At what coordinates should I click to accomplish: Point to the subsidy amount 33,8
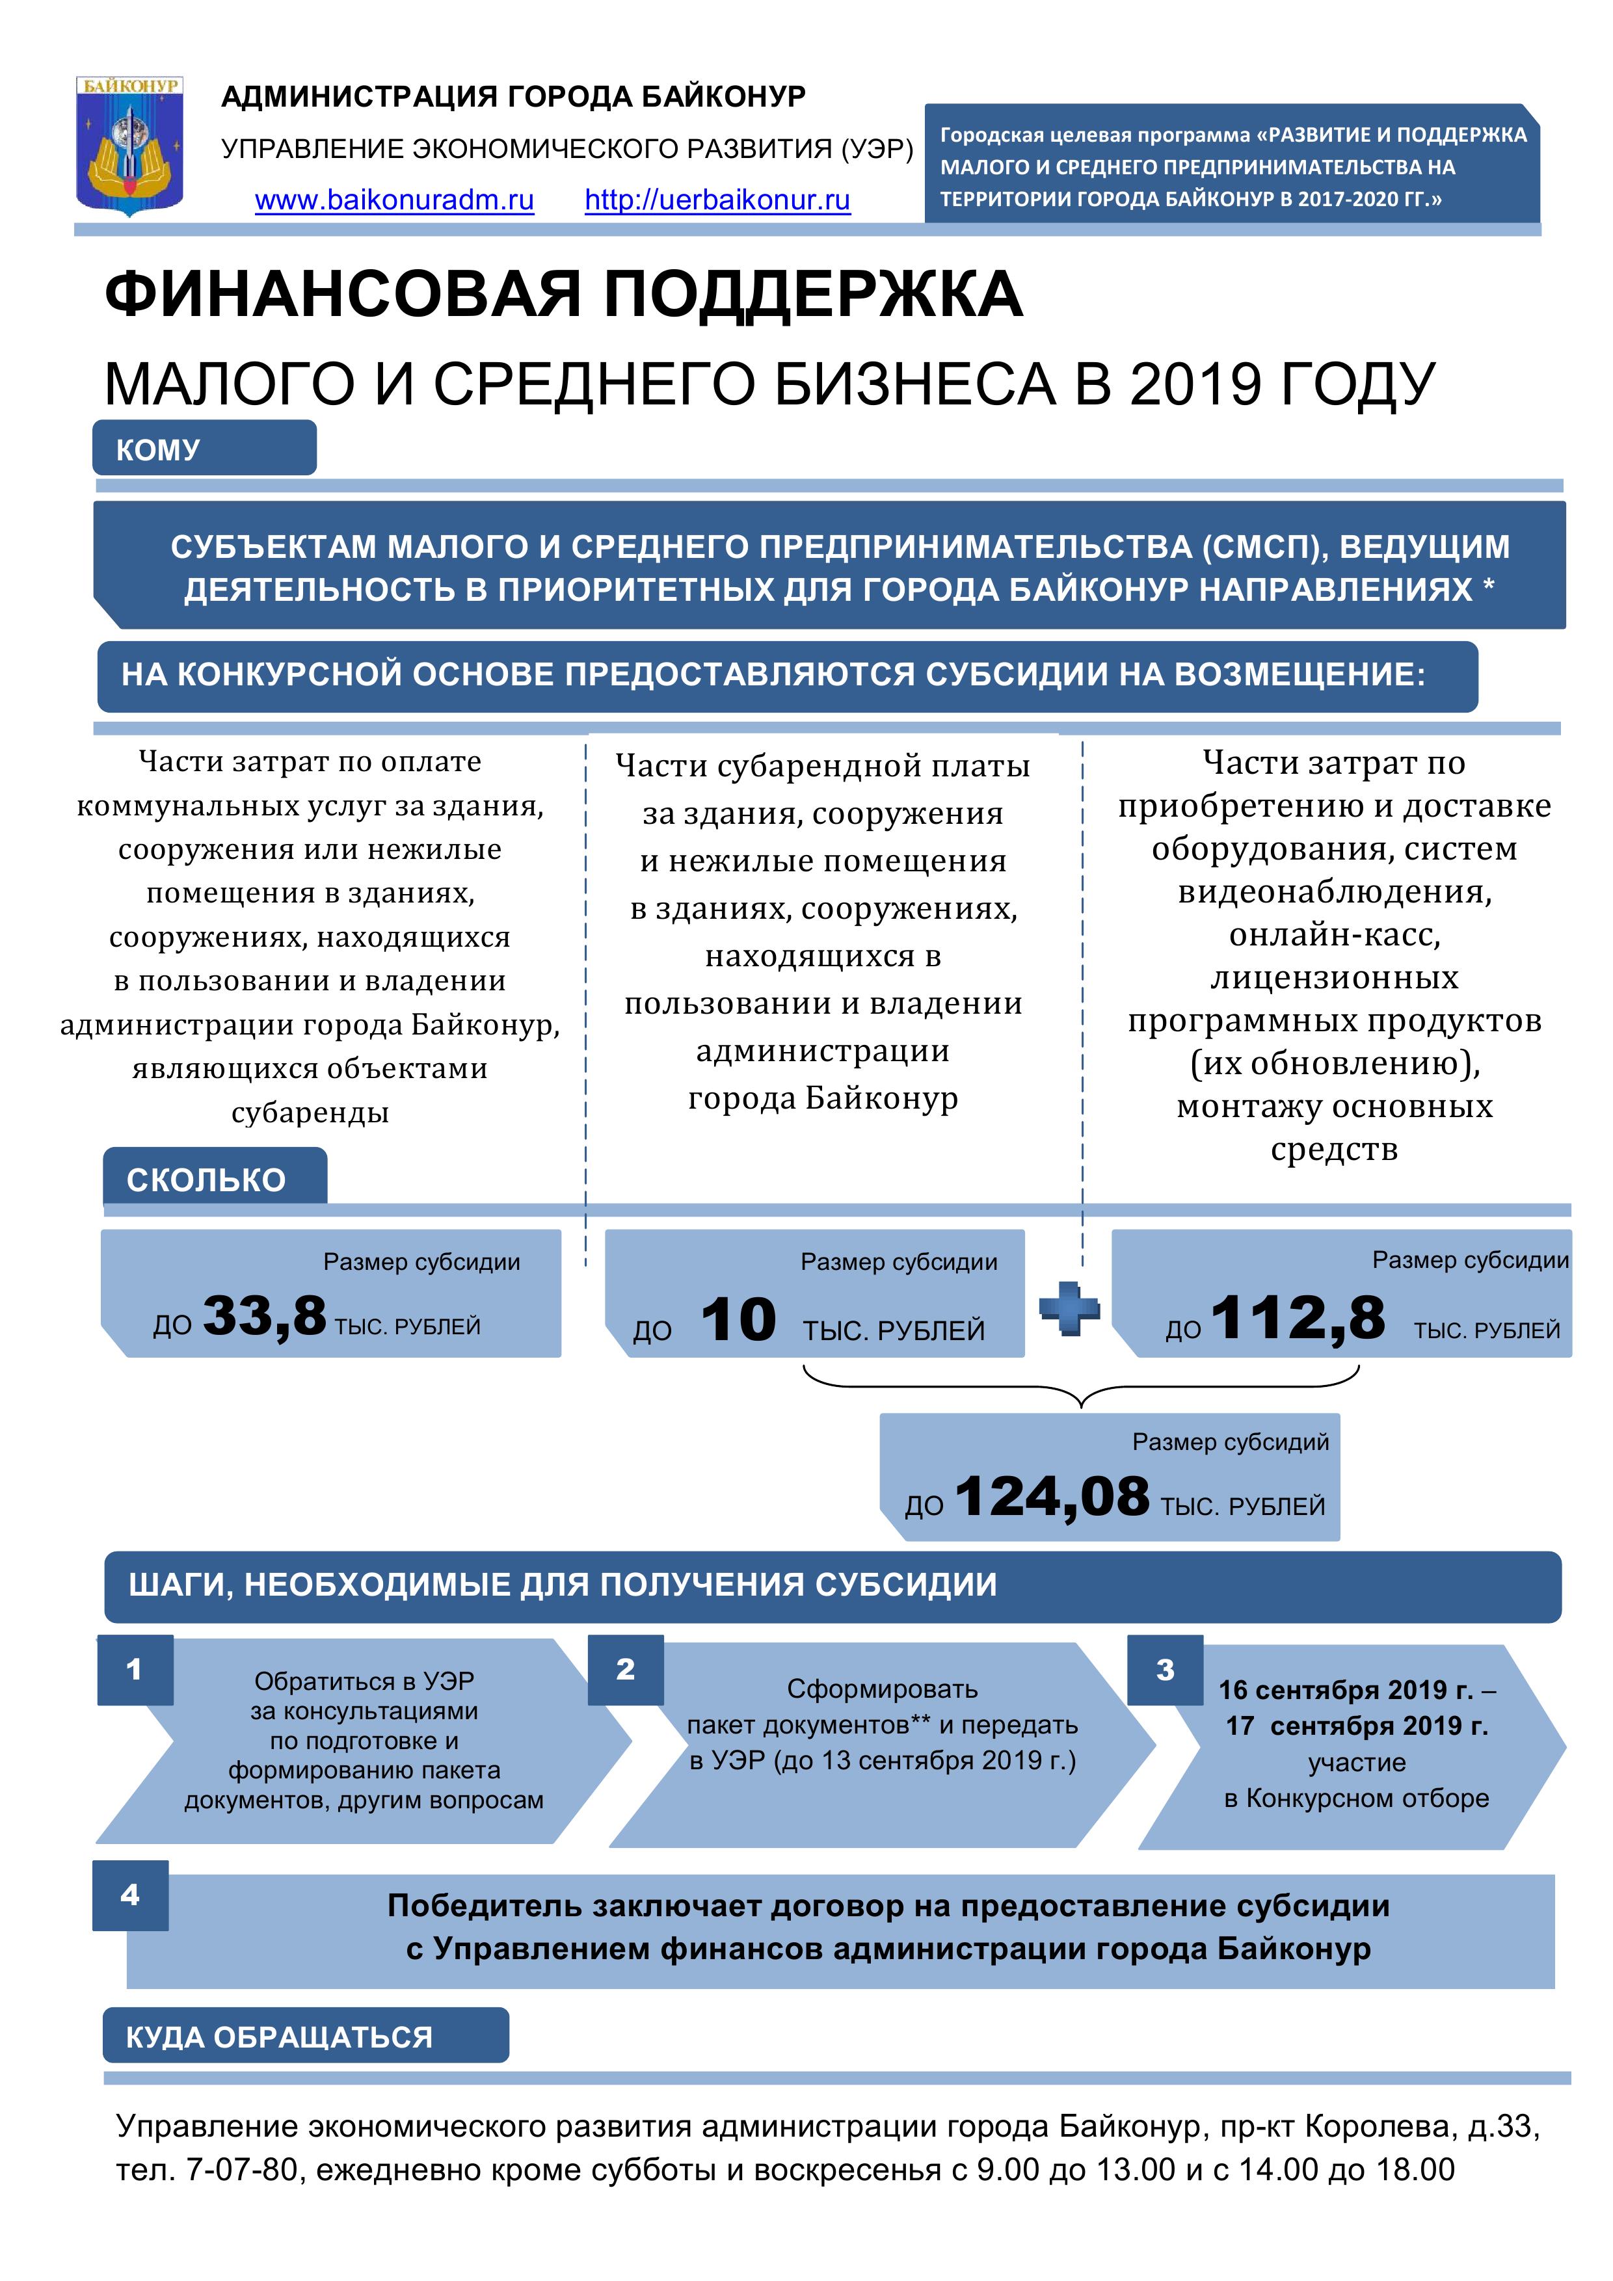[x=264, y=1315]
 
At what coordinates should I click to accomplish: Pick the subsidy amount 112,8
[x=1297, y=1318]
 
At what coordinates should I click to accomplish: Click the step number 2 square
[x=625, y=1670]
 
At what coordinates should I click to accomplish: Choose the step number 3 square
[x=1165, y=1670]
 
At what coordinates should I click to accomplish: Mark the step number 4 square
[x=130, y=1895]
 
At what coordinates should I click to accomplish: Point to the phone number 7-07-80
[x=241, y=2170]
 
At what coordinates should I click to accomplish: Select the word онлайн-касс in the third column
[x=1334, y=935]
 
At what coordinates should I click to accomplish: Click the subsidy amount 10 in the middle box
[x=738, y=1321]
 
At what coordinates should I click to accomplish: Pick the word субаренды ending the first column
[x=310, y=1113]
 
